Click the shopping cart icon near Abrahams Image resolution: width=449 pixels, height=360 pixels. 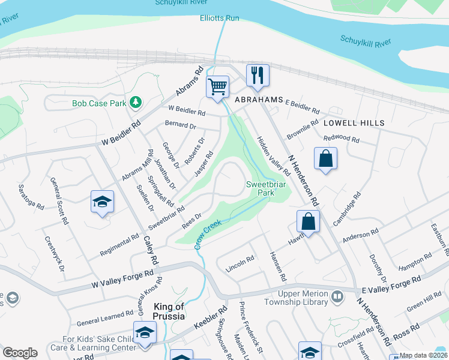click(x=217, y=86)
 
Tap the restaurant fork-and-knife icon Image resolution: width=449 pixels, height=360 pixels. click(x=258, y=75)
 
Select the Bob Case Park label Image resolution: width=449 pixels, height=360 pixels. click(x=99, y=103)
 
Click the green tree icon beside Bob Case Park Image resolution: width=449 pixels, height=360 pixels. click(x=136, y=103)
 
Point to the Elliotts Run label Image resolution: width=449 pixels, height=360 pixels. click(x=220, y=19)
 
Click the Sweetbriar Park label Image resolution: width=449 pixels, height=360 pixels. click(x=260, y=188)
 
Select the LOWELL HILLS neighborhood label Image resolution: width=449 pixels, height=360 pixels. click(x=354, y=122)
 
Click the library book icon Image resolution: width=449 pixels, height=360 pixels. click(x=337, y=296)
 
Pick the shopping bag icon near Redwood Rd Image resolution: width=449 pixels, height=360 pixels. click(x=325, y=159)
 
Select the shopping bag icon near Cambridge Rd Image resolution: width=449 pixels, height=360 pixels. click(x=307, y=221)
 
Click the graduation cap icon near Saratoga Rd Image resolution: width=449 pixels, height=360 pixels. click(x=102, y=202)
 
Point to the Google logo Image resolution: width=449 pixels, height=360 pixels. click(x=20, y=353)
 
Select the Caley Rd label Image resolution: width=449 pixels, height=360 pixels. click(x=150, y=251)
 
